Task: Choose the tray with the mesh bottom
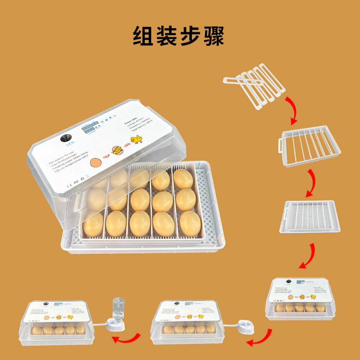pyautogui.click(x=310, y=216)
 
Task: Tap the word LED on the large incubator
pyautogui.click(x=70, y=146)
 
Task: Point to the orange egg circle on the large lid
pyautogui.click(x=96, y=162)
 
